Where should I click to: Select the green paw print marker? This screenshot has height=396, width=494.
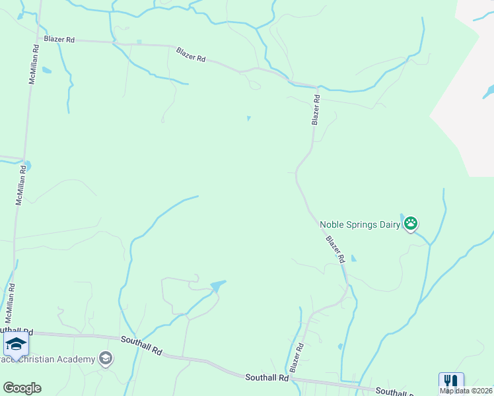411,224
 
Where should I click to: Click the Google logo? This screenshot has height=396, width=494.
22,388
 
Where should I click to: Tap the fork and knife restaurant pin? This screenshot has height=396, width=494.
451,382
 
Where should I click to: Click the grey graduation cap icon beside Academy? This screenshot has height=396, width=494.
104,358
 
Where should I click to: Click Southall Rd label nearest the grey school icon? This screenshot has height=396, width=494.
141,345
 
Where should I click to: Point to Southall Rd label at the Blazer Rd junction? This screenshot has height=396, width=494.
266,378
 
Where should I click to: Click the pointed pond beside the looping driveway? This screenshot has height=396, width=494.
217,286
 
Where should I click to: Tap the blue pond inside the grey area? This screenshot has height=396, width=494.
488,89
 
